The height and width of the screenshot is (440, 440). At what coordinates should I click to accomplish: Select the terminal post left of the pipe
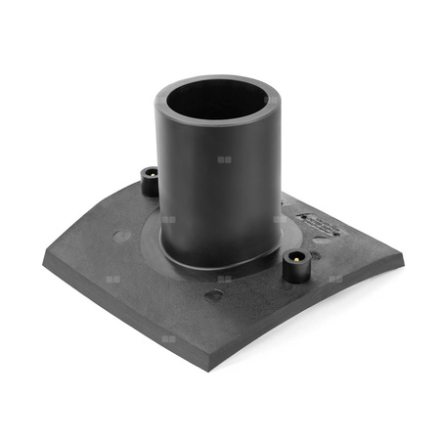pyautogui.click(x=150, y=181)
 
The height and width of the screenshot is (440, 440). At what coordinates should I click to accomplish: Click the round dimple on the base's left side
pyautogui.click(x=119, y=234)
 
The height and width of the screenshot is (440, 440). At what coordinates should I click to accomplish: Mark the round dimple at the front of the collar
pyautogui.click(x=213, y=293)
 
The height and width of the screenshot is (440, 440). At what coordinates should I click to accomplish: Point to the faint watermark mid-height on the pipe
pyautogui.click(x=224, y=159)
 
